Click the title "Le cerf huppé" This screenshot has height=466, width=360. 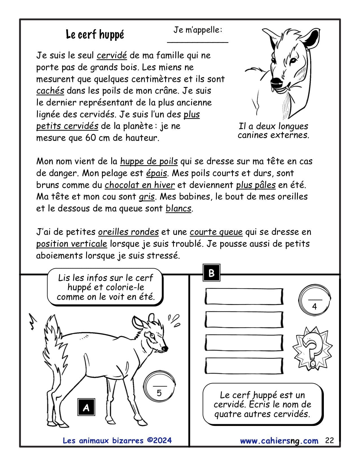(95, 34)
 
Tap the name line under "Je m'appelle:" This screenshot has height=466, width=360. (198, 42)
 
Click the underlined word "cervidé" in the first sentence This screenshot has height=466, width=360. (112, 55)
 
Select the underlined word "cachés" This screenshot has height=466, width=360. (50, 91)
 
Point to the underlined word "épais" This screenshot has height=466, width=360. (156, 173)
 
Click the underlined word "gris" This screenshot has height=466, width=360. (147, 197)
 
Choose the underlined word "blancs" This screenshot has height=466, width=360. (178, 208)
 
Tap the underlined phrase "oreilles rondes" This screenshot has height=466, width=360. (128, 232)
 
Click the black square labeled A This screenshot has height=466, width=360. (86, 407)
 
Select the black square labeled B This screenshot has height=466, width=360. (211, 273)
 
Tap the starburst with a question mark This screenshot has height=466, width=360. (312, 348)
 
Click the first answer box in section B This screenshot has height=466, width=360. (244, 296)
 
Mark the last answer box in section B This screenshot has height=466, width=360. (244, 366)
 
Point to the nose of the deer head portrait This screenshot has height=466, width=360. (276, 82)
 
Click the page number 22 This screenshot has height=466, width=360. (329, 440)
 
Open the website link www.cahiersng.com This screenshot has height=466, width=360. (279, 441)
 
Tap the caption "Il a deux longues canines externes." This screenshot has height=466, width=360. (273, 130)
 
